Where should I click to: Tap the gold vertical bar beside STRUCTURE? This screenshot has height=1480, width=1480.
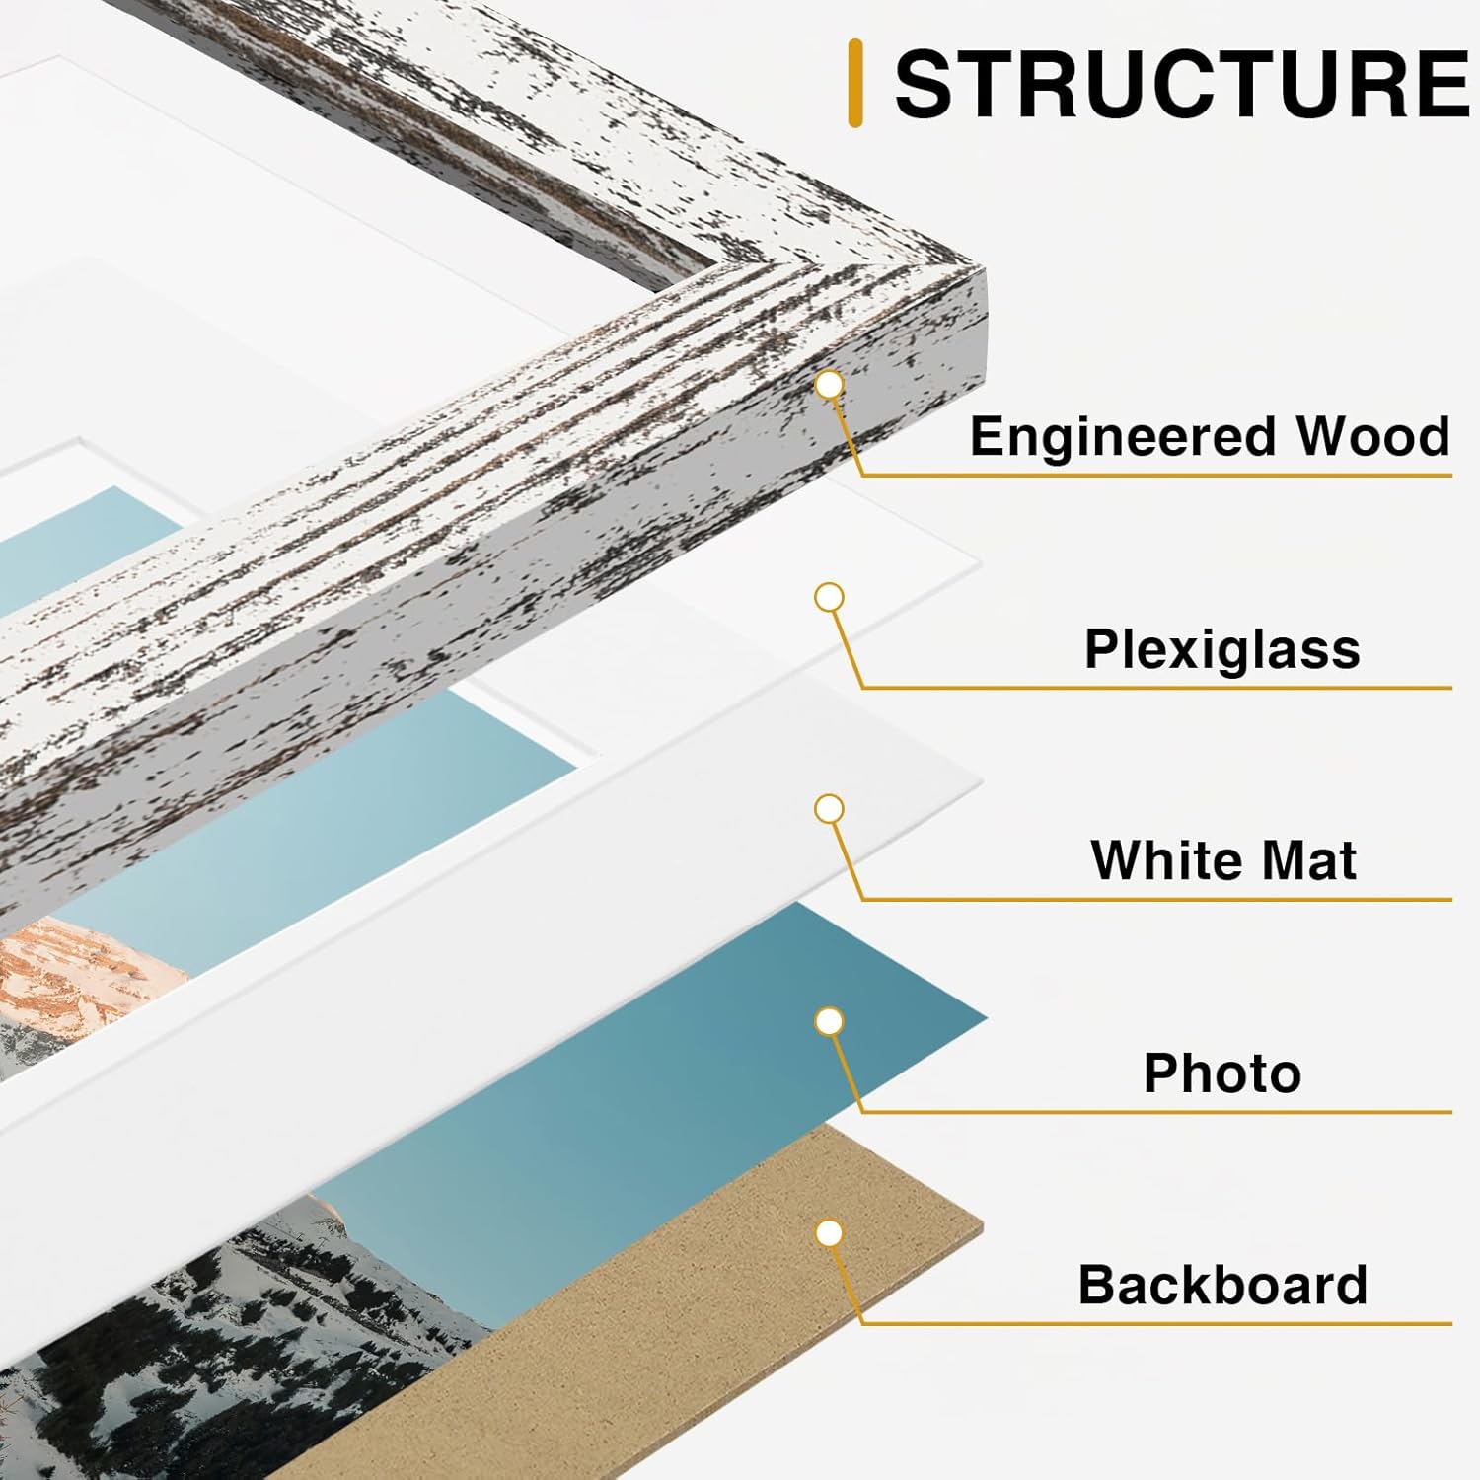coord(855,84)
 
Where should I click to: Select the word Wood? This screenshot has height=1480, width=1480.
coord(1372,436)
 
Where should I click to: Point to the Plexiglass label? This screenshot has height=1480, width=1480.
coord(1221,649)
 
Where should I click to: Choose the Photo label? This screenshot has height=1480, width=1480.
coord(1221,1073)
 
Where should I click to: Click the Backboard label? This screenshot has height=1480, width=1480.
coord(1221,1285)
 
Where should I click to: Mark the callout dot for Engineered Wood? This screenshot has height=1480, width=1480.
coord(830,385)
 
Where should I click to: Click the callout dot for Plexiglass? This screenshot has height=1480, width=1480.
coord(830,597)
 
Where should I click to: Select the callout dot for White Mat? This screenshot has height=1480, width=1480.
coord(830,809)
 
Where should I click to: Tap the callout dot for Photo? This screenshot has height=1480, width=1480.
coord(830,1021)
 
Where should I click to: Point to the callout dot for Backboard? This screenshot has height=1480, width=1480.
coord(830,1233)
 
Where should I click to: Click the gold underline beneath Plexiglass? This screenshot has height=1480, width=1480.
coord(1154,687)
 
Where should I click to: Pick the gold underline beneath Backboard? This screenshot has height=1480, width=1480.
coord(1154,1323)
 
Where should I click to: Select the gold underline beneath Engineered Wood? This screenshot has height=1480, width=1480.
coord(1154,475)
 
